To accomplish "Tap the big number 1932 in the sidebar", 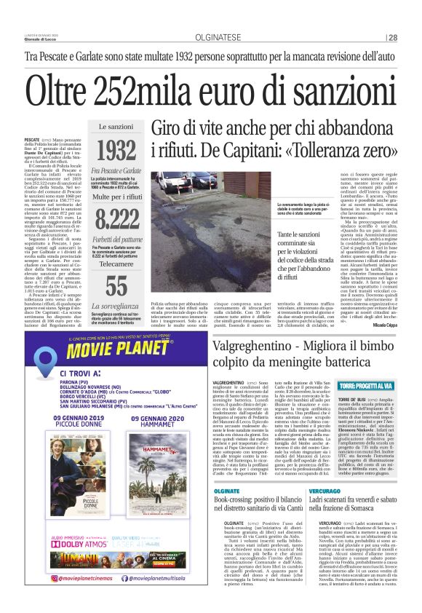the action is (116, 151).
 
